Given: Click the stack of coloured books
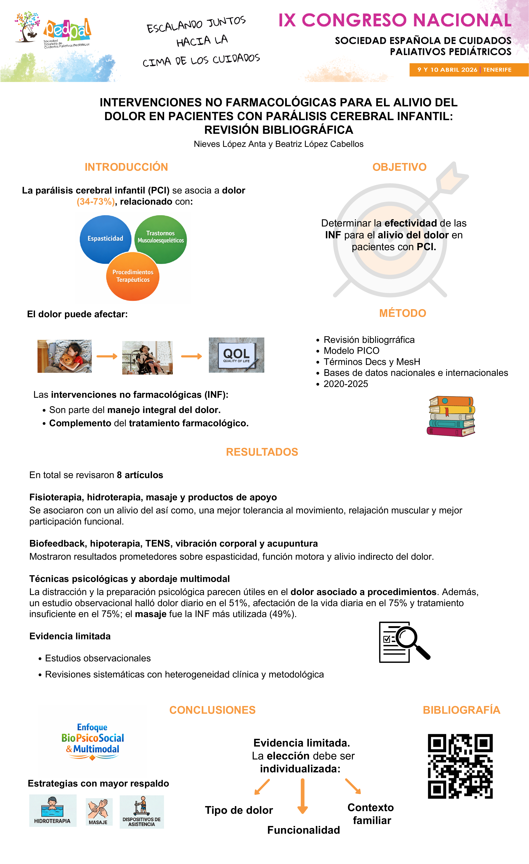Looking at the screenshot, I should pos(451,416).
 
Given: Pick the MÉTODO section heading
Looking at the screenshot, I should pos(402,313).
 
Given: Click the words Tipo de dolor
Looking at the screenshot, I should pos(239,810).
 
